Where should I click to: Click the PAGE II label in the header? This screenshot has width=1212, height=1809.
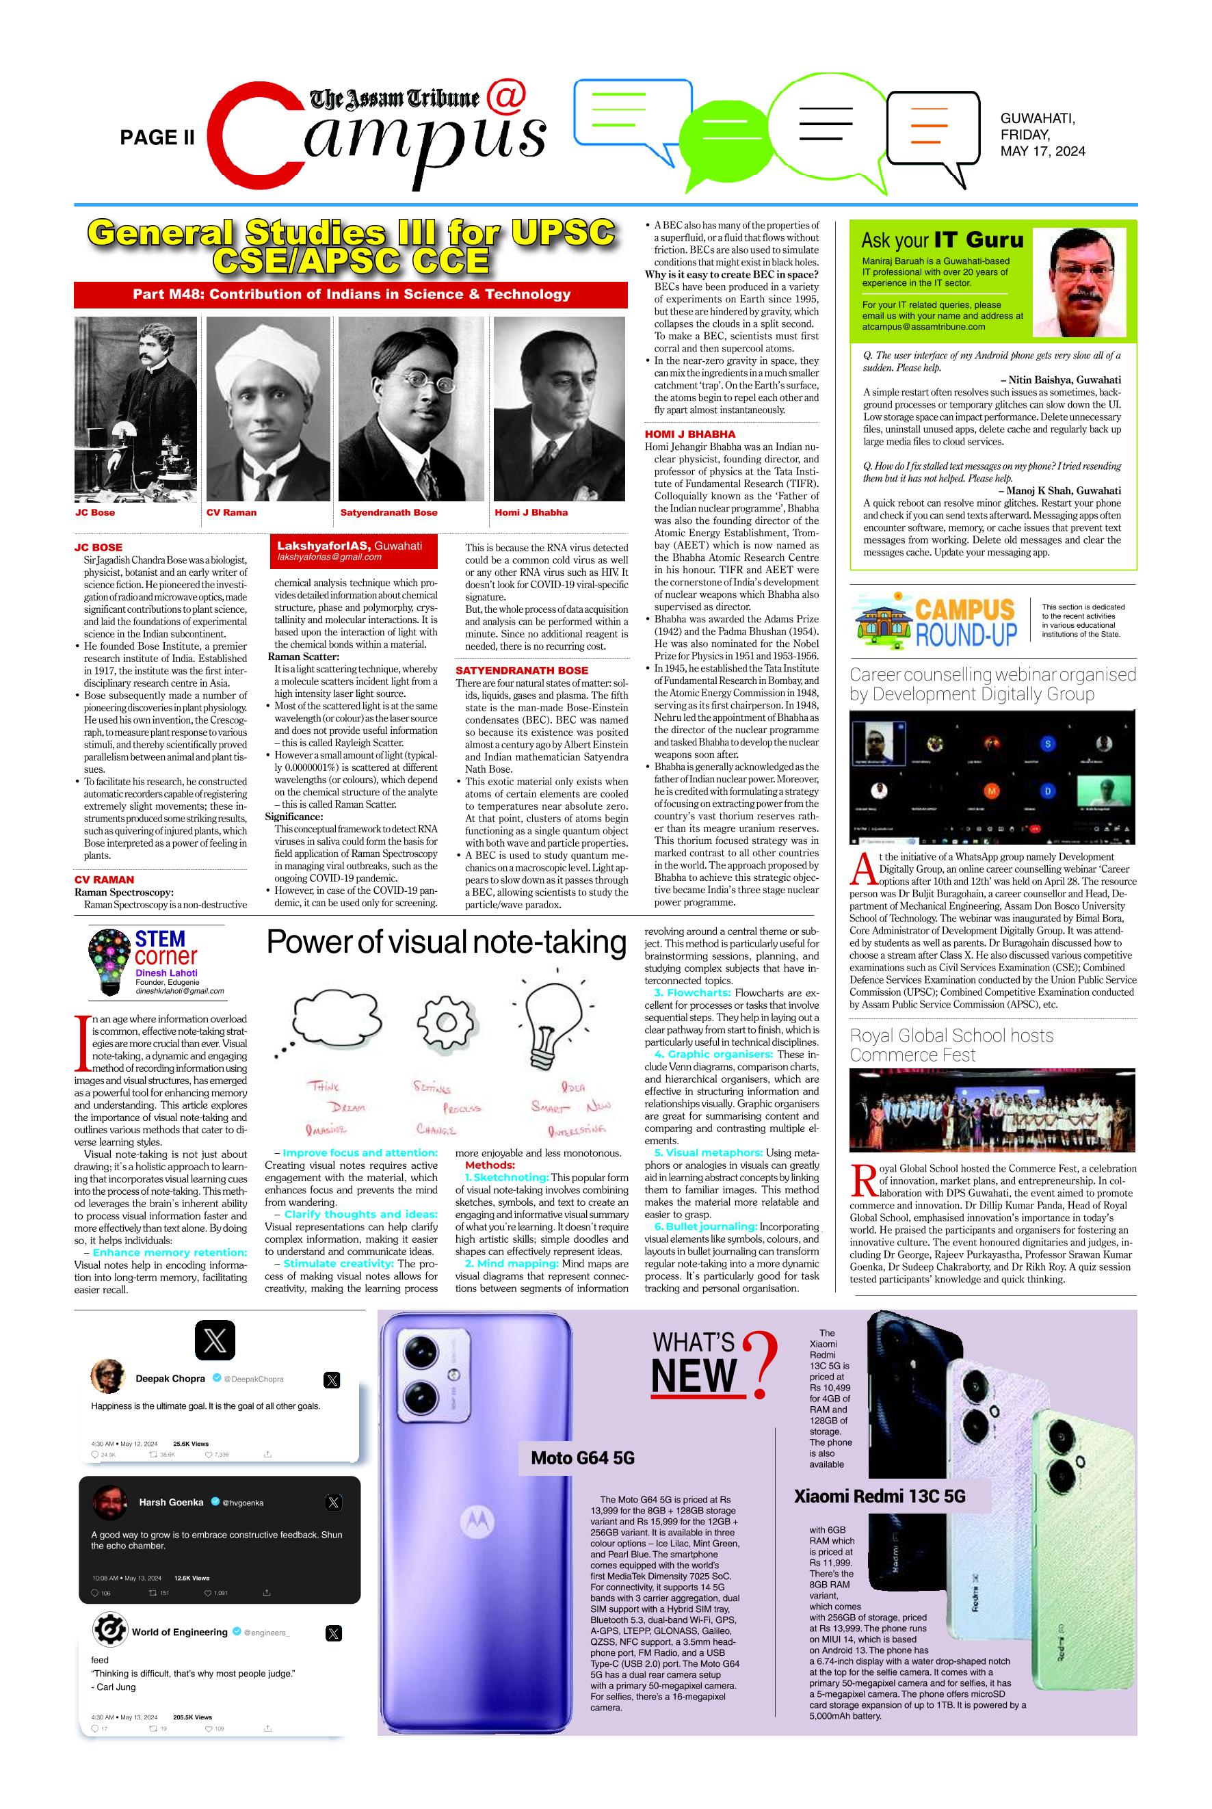pyautogui.click(x=157, y=137)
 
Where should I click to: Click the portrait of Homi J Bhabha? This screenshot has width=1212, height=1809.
pyautogui.click(x=559, y=409)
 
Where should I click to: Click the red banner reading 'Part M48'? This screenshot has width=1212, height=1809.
pyautogui.click(x=351, y=294)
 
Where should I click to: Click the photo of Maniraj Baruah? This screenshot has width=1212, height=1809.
pyautogui.click(x=1083, y=283)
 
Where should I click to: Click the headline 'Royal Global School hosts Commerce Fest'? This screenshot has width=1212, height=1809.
pyautogui.click(x=951, y=1045)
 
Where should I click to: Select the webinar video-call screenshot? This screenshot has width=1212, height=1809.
pyautogui.click(x=992, y=777)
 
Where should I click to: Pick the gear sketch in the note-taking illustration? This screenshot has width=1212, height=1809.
pyautogui.click(x=446, y=1022)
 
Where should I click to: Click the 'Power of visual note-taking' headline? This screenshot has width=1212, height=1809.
pyautogui.click(x=446, y=942)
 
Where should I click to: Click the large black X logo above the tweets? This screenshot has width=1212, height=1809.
pyautogui.click(x=215, y=1341)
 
